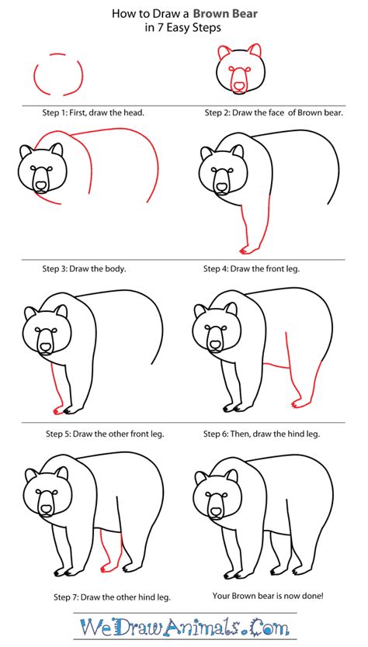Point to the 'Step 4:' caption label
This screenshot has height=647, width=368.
(220, 269)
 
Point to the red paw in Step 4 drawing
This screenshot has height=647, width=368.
(248, 249)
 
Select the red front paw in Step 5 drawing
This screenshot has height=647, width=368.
(57, 410)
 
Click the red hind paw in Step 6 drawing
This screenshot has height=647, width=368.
(297, 403)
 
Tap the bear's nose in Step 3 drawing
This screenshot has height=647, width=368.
(40, 185)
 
